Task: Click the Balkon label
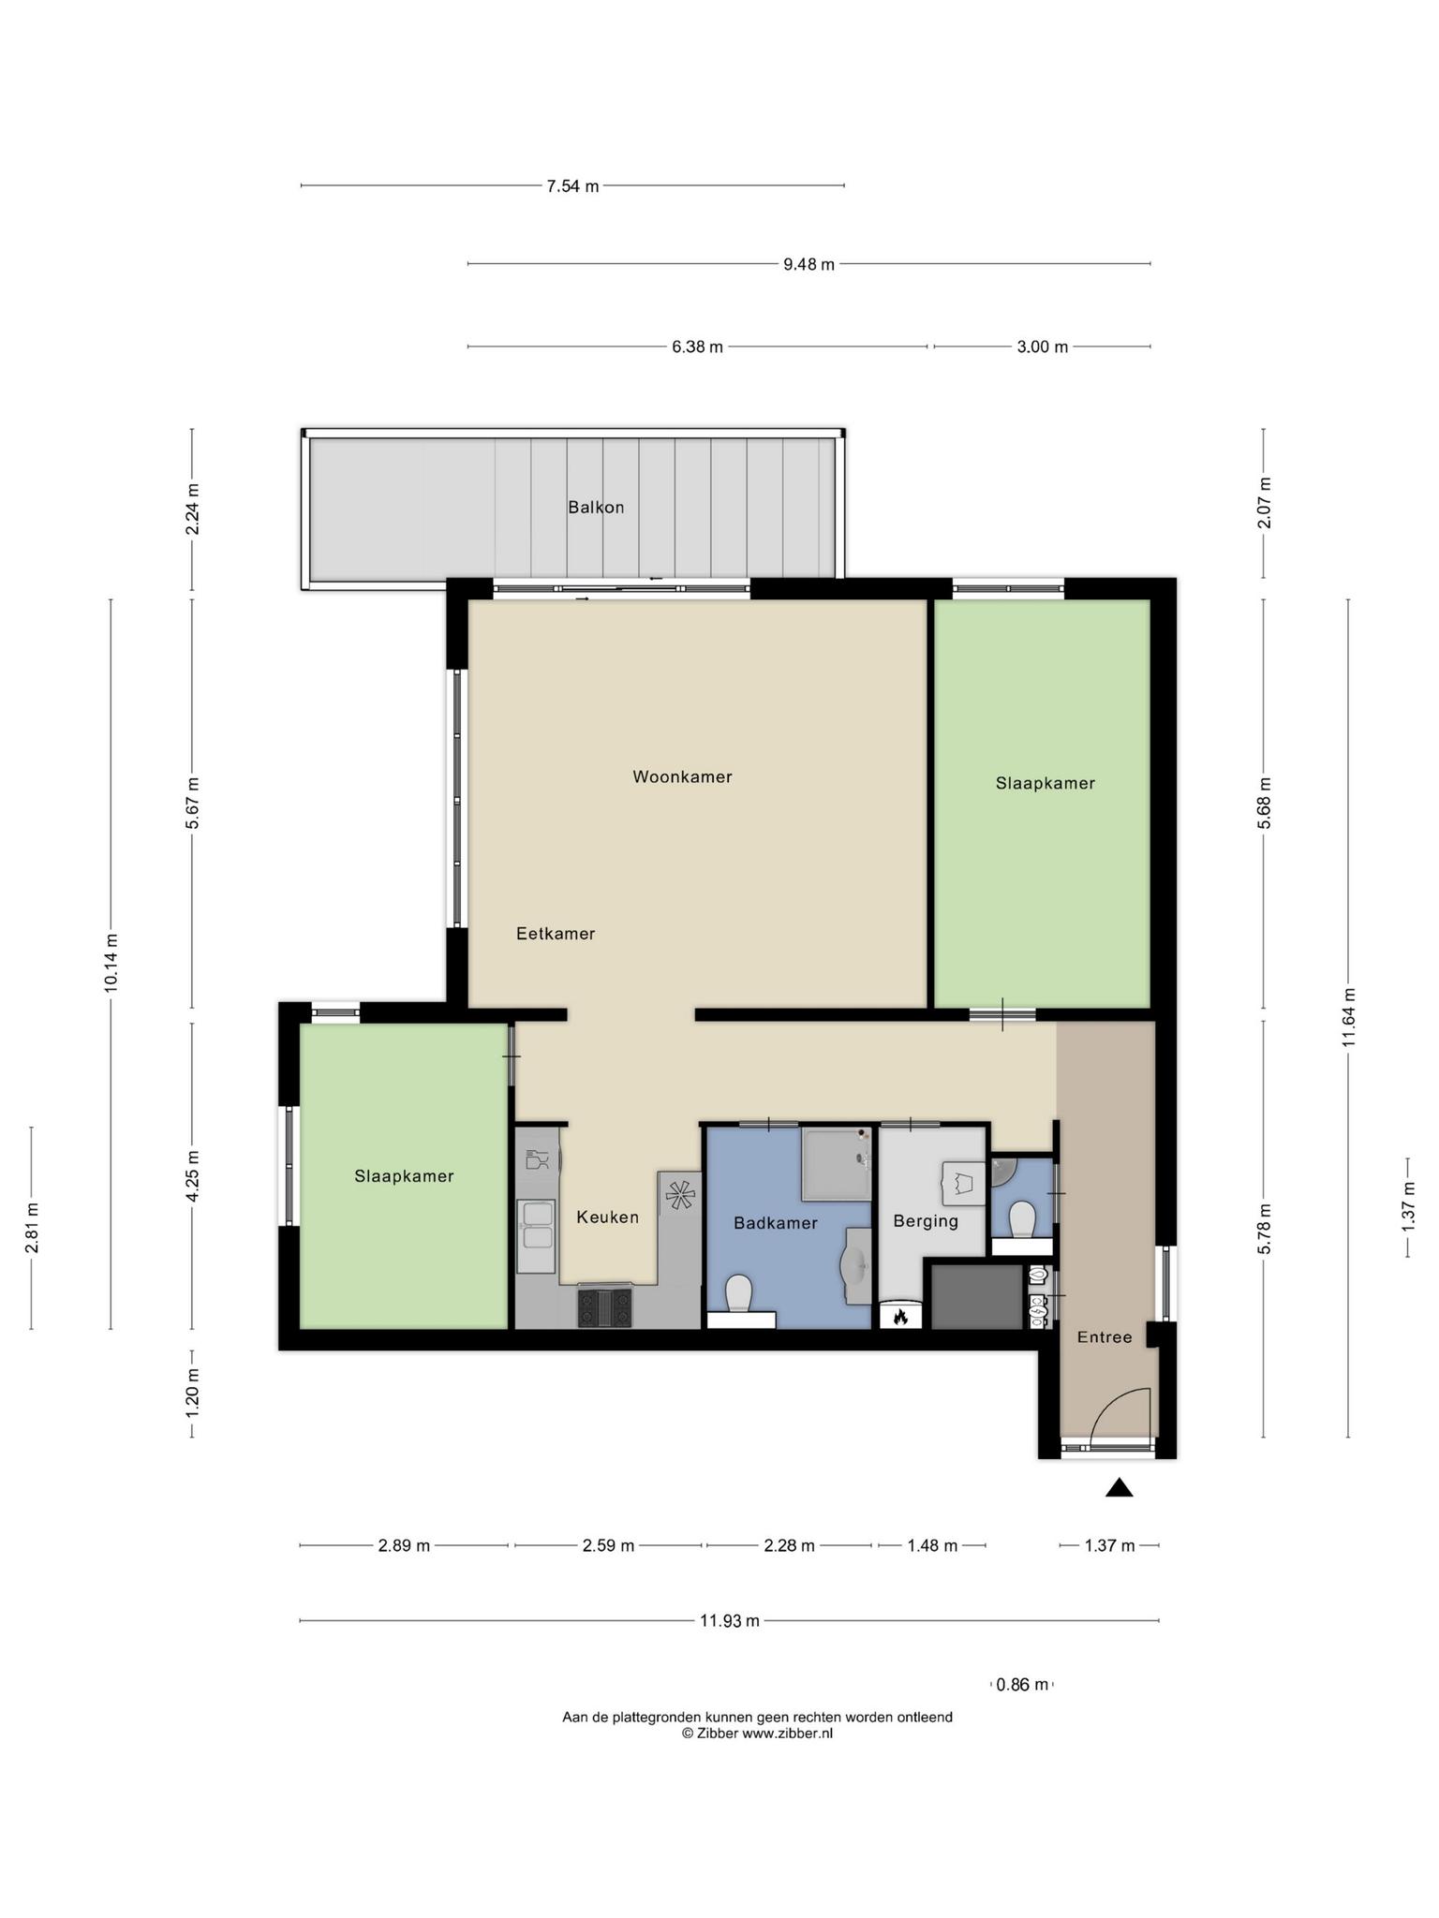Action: pyautogui.click(x=596, y=508)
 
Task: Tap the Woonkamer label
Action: pyautogui.click(x=682, y=776)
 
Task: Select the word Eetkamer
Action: pyautogui.click(x=556, y=934)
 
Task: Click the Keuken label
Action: pyautogui.click(x=607, y=1217)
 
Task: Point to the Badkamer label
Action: pyautogui.click(x=776, y=1223)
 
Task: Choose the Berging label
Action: pyautogui.click(x=926, y=1221)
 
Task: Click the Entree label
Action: pyautogui.click(x=1105, y=1337)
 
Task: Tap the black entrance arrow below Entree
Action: pyautogui.click(x=1119, y=1487)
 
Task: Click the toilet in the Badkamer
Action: pyautogui.click(x=739, y=1293)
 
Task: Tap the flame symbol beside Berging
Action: pyautogui.click(x=900, y=1317)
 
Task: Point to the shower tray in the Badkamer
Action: pyautogui.click(x=838, y=1164)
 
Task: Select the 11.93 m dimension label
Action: pyautogui.click(x=730, y=1621)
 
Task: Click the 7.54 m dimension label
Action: pyautogui.click(x=572, y=186)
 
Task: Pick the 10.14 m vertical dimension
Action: pyautogui.click(x=111, y=963)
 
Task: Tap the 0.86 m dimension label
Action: pyautogui.click(x=1022, y=1685)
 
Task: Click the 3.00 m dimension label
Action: pyautogui.click(x=1043, y=347)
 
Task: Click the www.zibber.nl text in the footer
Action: pyautogui.click(x=787, y=1734)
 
